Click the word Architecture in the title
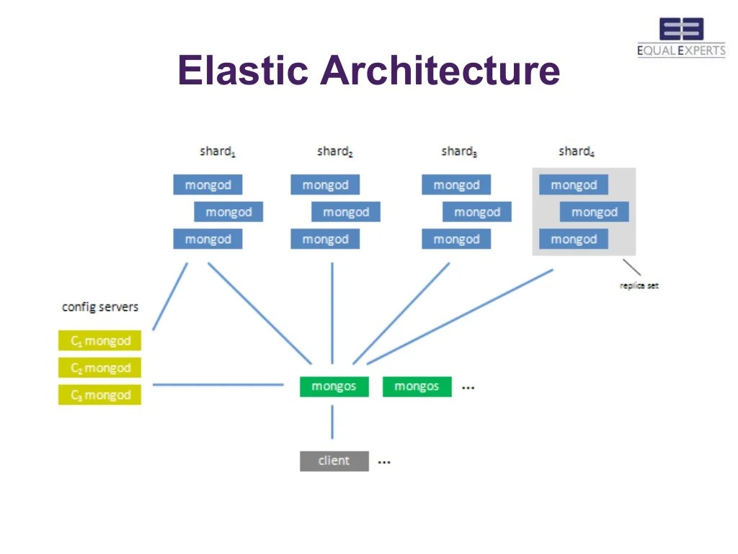point(440,71)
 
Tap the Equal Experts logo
point(681,38)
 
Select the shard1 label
point(217,151)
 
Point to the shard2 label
point(334,151)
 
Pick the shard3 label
point(459,151)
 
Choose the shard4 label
point(576,151)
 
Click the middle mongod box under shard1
point(228,212)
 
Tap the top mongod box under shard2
point(325,185)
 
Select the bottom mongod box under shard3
point(456,239)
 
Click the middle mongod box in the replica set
point(595,212)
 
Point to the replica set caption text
point(639,286)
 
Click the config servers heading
point(100,307)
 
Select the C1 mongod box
point(100,340)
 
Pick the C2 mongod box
point(100,368)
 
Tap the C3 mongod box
point(100,395)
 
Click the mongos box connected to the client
point(334,387)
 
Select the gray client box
point(334,461)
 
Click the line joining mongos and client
point(332,422)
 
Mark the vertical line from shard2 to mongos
point(332,310)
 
